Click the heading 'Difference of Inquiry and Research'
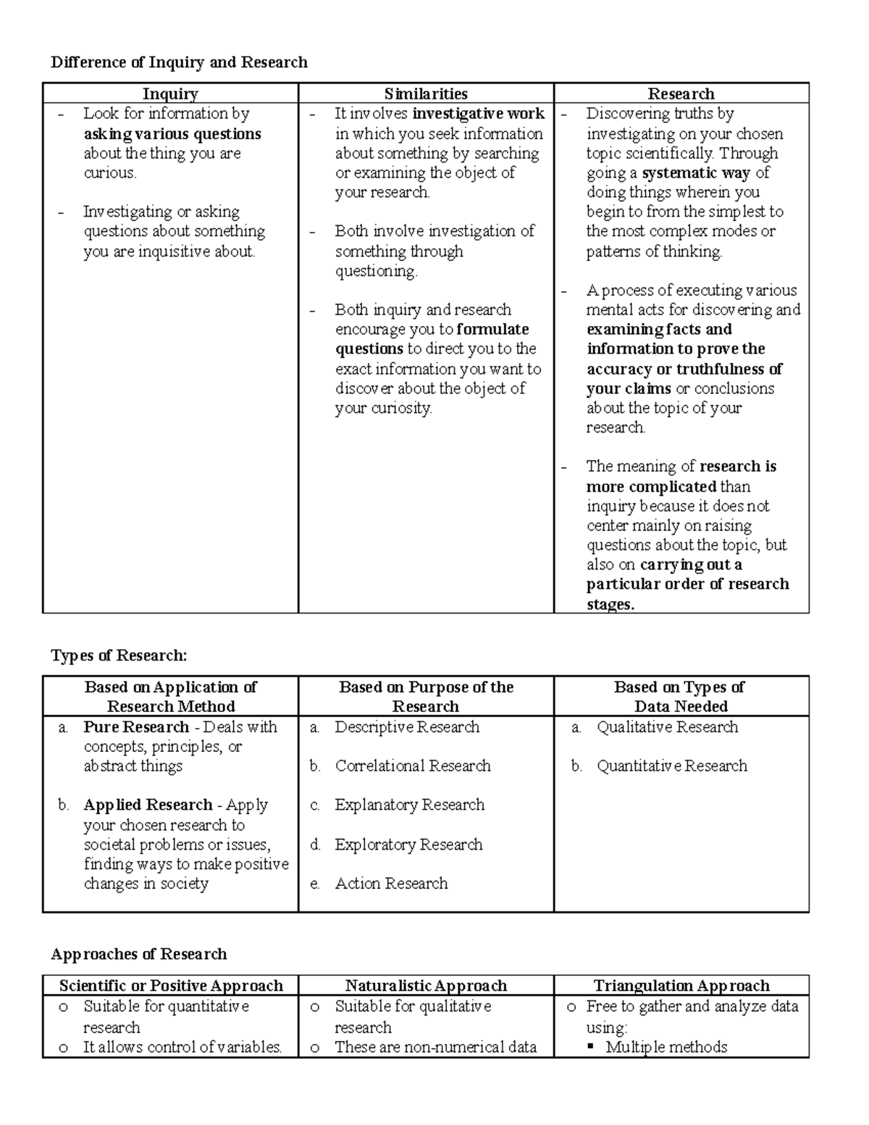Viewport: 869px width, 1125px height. coord(179,62)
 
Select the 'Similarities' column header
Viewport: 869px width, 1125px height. coord(426,93)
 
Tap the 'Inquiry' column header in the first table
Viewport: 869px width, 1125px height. coord(170,93)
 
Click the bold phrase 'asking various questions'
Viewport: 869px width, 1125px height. coord(172,134)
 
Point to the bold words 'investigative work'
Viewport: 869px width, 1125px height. coord(478,114)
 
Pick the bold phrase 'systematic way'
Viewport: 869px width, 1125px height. coord(696,173)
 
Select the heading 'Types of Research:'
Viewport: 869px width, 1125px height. coord(119,656)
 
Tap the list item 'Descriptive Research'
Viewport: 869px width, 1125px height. coord(407,727)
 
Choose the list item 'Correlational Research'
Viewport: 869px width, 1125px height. coord(413,766)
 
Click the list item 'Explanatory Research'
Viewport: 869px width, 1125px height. coord(410,805)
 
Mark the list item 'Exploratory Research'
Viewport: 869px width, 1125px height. coord(408,845)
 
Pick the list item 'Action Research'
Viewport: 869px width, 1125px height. coord(391,884)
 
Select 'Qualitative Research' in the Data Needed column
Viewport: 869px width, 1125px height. coord(667,727)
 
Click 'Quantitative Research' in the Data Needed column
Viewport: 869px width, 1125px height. coord(671,766)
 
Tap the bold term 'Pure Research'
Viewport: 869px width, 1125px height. coord(136,727)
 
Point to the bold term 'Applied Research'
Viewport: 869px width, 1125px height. coord(148,805)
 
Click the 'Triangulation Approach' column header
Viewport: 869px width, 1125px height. coord(681,986)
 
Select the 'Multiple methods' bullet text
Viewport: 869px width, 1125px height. coord(666,1047)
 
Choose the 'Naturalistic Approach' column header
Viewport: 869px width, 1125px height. coord(426,986)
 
